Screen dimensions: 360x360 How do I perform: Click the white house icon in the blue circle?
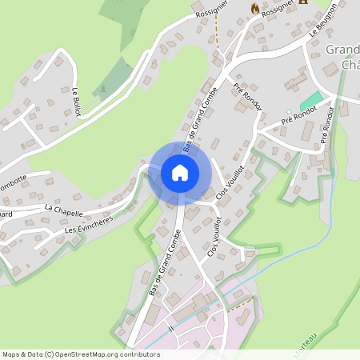pyautogui.click(x=180, y=173)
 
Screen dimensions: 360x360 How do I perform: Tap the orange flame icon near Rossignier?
pyautogui.click(x=255, y=9)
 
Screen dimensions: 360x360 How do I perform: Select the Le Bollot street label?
pyautogui.click(x=77, y=101)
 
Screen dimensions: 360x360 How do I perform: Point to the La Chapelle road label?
pyautogui.click(x=64, y=210)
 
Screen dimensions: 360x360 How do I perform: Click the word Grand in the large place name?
pyautogui.click(x=342, y=50)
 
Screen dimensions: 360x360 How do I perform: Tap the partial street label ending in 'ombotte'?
pyautogui.click(x=14, y=178)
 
